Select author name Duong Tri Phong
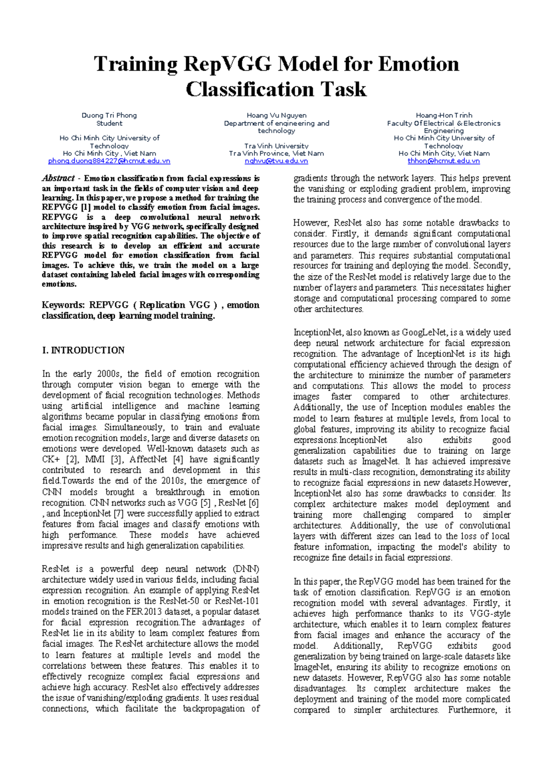[x=109, y=115]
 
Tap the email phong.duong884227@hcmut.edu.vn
[x=109, y=161]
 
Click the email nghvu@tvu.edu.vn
[x=276, y=161]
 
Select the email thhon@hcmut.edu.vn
[x=443, y=161]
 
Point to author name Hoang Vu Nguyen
[x=276, y=115]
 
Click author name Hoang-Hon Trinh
[x=444, y=115]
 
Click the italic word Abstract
[x=58, y=178]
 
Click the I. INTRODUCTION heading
[x=83, y=350]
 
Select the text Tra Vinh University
[x=276, y=146]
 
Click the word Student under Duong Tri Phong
[x=109, y=123]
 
